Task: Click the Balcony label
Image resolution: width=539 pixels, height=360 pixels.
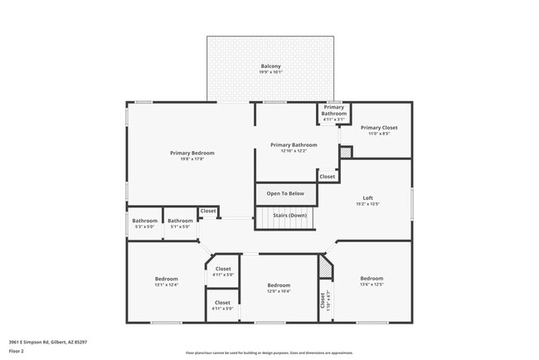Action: [270, 66]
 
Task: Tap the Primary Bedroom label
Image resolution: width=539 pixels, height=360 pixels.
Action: [192, 153]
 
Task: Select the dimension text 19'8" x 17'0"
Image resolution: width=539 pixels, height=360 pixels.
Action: [192, 159]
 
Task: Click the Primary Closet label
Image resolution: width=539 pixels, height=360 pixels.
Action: [379, 128]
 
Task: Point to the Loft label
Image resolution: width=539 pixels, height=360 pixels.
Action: [368, 197]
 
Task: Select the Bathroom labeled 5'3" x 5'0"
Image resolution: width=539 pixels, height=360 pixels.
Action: [144, 221]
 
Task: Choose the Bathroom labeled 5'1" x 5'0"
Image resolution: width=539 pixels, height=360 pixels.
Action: [180, 221]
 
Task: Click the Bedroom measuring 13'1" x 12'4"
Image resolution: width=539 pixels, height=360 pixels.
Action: [167, 279]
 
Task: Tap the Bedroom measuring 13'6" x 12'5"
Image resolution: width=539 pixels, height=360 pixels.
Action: [371, 279]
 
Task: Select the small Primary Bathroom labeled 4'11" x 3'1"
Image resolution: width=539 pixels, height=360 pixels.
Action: [334, 110]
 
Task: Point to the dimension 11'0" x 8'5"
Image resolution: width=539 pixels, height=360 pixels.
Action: [379, 134]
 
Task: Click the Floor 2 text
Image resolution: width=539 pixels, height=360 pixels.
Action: [17, 351]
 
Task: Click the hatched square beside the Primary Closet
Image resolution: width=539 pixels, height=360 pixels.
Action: [346, 153]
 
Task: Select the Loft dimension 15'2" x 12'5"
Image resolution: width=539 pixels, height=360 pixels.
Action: [368, 204]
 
